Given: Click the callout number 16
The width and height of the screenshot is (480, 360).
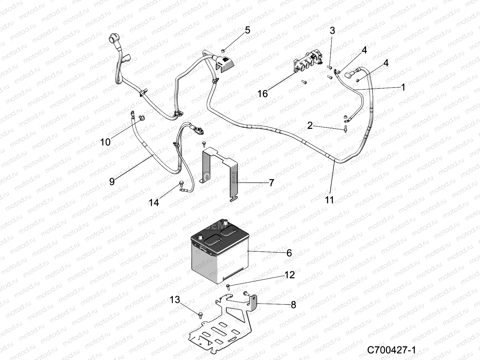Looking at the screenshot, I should coord(262,94).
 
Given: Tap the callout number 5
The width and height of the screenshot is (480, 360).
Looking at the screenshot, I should coord(247,30).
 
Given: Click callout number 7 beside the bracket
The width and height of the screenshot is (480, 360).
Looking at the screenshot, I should coord(271,182).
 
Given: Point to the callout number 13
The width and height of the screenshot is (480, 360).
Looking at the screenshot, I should coord(175,299).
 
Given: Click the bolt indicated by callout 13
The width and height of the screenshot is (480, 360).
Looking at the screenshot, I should coord(200,314).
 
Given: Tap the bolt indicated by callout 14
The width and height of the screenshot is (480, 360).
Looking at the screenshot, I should coord(181,183).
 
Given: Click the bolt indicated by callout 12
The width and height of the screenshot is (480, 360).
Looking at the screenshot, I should coord(228,286).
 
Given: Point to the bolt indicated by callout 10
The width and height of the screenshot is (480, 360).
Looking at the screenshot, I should coord(141,118).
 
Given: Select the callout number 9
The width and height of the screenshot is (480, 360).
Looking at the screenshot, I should coord(112,181).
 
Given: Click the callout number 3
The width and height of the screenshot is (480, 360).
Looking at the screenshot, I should coord(332,31).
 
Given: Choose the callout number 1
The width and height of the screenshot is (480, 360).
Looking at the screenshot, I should coord(403,87).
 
